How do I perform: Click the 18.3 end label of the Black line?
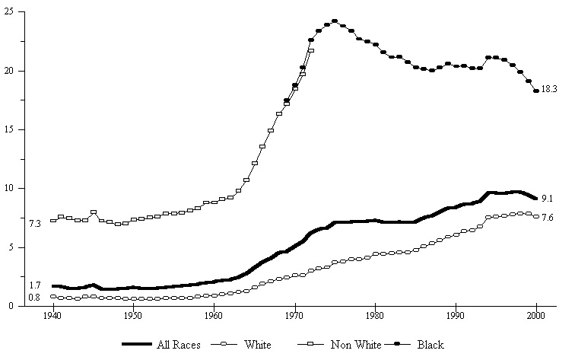(550, 90)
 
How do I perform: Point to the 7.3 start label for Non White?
(35, 224)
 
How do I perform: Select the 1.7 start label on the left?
(35, 285)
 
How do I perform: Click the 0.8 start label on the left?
(35, 298)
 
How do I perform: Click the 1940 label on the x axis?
(53, 314)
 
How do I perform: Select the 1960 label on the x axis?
(214, 314)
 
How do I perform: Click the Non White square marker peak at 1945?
(94, 212)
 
